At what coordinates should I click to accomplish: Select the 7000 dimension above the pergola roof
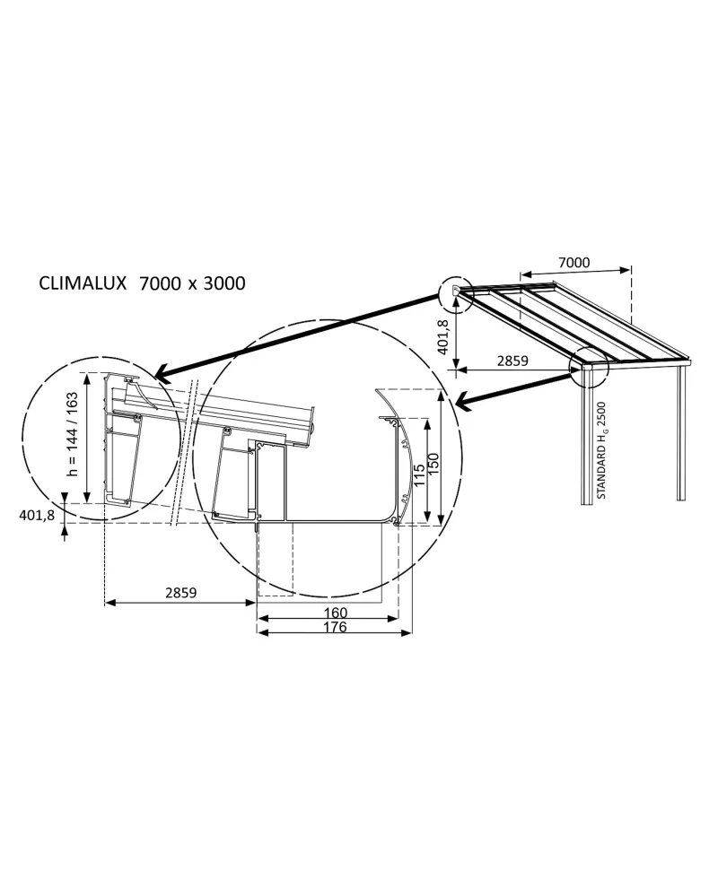pos(574,263)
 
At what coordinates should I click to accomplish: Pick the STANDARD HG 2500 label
pos(603,451)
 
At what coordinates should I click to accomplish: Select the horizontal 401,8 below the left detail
pos(37,515)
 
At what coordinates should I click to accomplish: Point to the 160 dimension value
pos(334,613)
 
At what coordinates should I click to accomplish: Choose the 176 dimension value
pos(334,628)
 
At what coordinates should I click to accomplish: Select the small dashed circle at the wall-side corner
pos(455,293)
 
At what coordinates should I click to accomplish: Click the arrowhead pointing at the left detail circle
pos(162,374)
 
